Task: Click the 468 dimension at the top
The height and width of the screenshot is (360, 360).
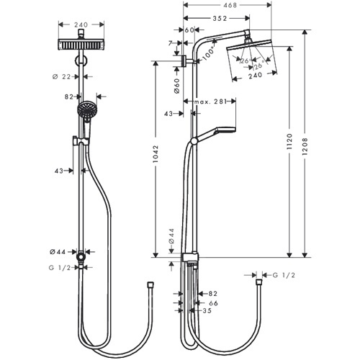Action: coord(230,5)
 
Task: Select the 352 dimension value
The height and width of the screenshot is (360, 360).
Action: coord(220,18)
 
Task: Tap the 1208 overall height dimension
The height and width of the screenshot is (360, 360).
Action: coord(305,146)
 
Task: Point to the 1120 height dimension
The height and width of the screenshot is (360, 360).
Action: coord(289,142)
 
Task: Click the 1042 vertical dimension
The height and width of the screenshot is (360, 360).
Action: coord(156,154)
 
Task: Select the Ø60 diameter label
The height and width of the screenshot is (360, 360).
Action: coord(177,86)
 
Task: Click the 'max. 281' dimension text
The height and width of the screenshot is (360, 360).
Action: coord(210,102)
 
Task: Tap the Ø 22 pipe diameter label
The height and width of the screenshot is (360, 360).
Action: coord(62,77)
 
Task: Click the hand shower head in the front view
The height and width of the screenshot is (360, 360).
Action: coord(87,109)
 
